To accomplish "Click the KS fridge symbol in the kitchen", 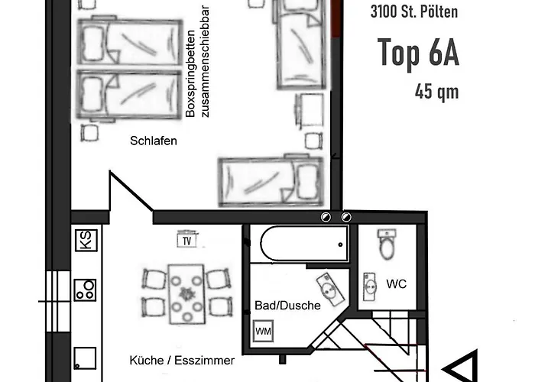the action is (x=86, y=240).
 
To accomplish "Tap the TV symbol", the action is (x=187, y=239).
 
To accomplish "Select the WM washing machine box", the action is (x=263, y=331).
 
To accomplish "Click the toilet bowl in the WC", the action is (x=387, y=244).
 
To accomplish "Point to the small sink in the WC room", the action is (x=369, y=286).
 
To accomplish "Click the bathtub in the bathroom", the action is (x=305, y=244).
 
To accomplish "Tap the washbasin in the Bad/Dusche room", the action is (x=330, y=290).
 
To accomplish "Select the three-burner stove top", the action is (x=86, y=290).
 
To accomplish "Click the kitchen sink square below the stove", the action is (x=85, y=358).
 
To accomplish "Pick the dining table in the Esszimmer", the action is (x=187, y=294).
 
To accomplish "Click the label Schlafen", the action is (x=154, y=141).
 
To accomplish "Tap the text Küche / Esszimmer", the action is (x=182, y=360).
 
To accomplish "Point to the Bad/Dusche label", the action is (x=287, y=306).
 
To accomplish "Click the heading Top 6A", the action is (x=418, y=52).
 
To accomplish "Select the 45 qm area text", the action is (x=436, y=92).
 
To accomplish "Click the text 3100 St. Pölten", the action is (x=414, y=11).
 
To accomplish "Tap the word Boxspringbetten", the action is (x=190, y=73).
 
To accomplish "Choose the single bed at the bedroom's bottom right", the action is (x=271, y=182).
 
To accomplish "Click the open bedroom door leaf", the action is (x=131, y=190).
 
